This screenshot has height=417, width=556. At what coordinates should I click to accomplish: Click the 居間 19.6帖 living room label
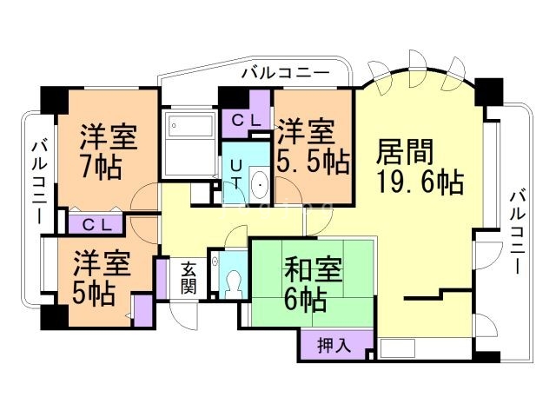(418, 168)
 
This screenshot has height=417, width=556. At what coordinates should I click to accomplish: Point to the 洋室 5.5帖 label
(314, 147)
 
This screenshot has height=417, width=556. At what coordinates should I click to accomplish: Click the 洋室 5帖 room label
(93, 277)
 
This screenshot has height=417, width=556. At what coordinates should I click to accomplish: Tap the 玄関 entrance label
(189, 277)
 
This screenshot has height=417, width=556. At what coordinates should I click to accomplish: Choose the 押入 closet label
(334, 345)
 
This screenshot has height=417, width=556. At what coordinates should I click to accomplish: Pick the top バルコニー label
(286, 74)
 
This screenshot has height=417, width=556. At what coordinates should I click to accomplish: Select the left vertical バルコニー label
(38, 183)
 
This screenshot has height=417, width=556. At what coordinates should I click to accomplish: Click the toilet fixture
(231, 280)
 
